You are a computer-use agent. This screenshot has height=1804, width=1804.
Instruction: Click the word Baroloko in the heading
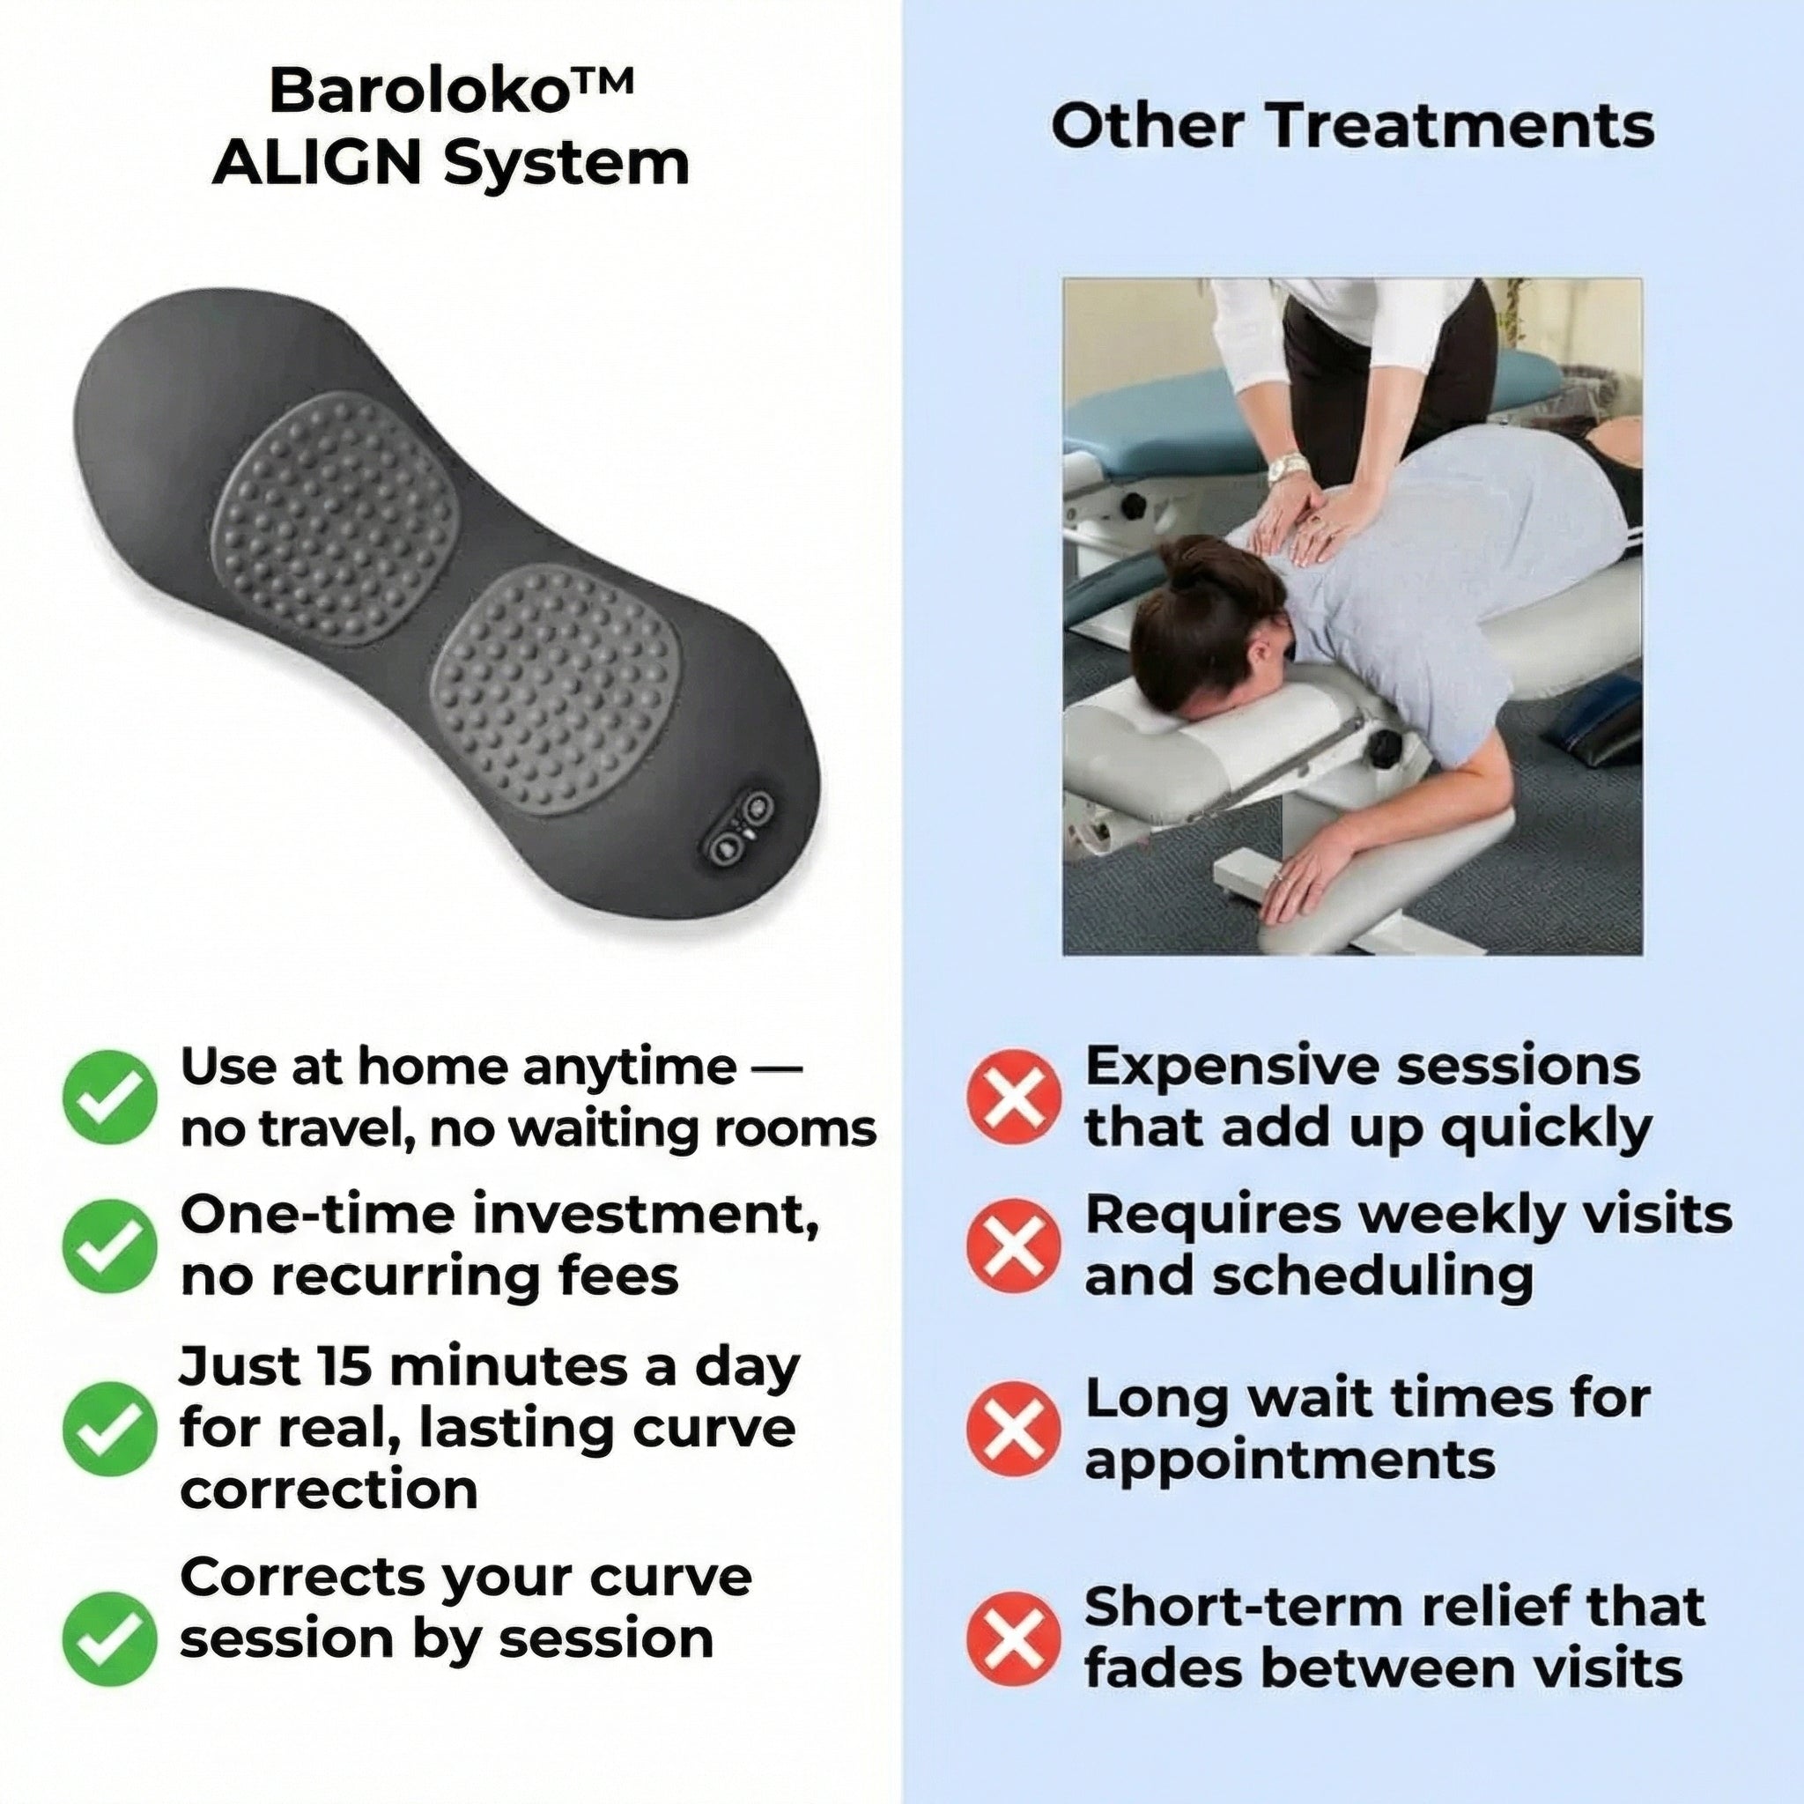pyautogui.click(x=418, y=92)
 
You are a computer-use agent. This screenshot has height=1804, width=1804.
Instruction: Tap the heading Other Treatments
pyautogui.click(x=1351, y=127)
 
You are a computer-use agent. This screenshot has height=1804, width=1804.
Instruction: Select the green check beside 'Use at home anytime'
pyautogui.click(x=109, y=1098)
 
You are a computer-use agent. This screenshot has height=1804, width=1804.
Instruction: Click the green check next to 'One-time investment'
pyautogui.click(x=109, y=1246)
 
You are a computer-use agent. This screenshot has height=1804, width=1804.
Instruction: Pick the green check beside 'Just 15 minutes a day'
pyautogui.click(x=109, y=1429)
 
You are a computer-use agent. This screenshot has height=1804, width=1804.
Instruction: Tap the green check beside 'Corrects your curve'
pyautogui.click(x=109, y=1638)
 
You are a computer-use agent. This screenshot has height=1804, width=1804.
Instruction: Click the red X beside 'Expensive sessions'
pyautogui.click(x=1014, y=1098)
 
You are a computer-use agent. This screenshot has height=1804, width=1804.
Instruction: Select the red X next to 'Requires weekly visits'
pyautogui.click(x=1014, y=1246)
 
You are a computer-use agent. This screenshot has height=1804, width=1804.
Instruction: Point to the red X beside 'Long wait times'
pyautogui.click(x=1014, y=1429)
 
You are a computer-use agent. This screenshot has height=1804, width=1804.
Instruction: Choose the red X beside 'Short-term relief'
pyautogui.click(x=1014, y=1638)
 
